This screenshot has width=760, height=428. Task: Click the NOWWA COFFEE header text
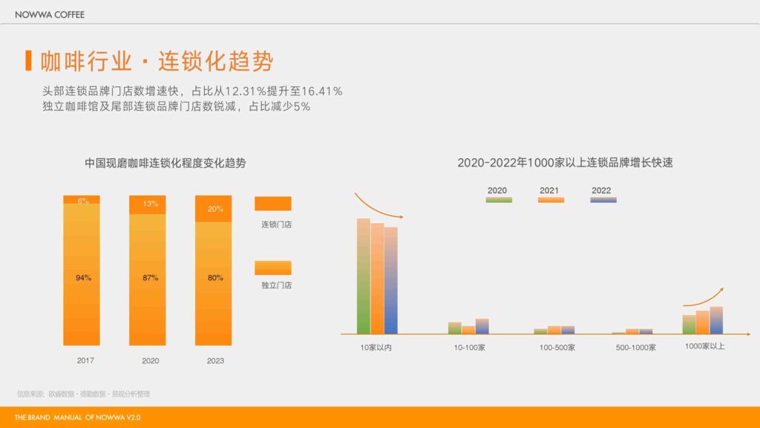coord(50,14)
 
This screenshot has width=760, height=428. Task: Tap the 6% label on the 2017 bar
coord(82,201)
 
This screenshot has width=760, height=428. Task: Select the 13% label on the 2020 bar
coord(151,204)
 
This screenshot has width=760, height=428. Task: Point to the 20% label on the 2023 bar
coord(215,209)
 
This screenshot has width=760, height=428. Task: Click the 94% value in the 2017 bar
coord(83,278)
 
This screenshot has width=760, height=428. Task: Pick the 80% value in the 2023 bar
coord(215,278)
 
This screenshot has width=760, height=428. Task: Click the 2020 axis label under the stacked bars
coord(151,361)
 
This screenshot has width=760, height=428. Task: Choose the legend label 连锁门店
coord(276,224)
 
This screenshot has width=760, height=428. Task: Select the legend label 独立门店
coord(276,285)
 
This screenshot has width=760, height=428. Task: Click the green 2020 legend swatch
coord(499,200)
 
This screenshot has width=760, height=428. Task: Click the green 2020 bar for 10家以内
coord(363,276)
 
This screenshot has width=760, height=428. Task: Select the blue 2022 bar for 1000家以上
coord(716,320)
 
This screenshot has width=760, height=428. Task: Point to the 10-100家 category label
coord(469,348)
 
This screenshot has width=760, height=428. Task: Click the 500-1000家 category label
coord(635,348)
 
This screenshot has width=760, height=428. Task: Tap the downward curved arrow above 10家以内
coord(378,205)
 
